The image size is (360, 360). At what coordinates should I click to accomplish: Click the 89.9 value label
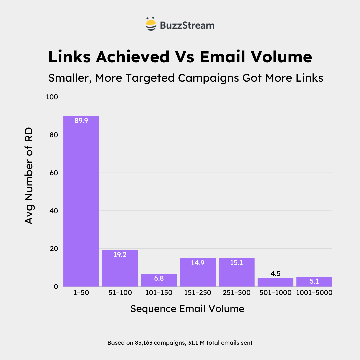click(x=81, y=121)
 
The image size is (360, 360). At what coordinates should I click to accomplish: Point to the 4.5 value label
click(x=275, y=274)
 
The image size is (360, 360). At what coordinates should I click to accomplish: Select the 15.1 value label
click(x=237, y=263)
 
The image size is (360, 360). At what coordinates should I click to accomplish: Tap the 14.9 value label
click(x=198, y=263)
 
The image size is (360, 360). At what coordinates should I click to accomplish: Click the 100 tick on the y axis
click(x=54, y=97)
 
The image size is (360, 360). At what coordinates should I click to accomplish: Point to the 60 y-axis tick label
click(x=55, y=173)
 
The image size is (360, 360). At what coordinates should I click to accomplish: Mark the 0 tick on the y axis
click(x=56, y=287)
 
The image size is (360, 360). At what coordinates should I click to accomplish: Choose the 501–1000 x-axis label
click(x=275, y=293)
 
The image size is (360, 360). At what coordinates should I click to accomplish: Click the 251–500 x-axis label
click(x=237, y=293)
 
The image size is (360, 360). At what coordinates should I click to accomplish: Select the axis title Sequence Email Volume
click(x=187, y=309)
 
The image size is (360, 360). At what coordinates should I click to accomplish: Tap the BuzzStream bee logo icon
click(x=151, y=24)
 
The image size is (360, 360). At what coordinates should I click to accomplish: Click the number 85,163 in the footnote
click(x=144, y=343)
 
